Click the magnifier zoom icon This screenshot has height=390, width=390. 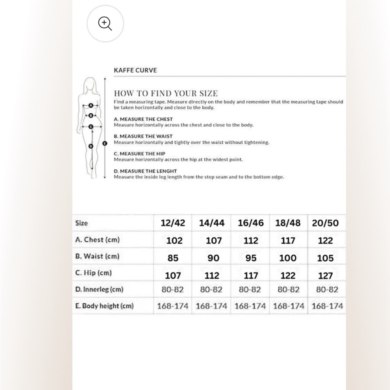105,24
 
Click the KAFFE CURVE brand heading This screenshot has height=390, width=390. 135,71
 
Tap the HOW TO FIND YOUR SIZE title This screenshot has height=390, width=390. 165,93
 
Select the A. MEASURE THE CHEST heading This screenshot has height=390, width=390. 143,119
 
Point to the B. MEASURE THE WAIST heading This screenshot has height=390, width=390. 143,136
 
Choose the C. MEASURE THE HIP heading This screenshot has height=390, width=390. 139,154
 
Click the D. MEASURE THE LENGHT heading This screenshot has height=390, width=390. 145,171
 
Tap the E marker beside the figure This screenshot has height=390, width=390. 104,143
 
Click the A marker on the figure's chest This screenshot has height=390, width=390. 91,105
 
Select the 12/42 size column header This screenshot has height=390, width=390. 173,223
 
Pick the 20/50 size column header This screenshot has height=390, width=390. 325,223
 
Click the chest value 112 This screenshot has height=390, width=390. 251,241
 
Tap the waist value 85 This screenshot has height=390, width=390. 173,258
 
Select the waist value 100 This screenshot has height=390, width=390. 288,258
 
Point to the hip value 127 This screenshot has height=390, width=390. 325,276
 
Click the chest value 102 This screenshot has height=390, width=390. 174,241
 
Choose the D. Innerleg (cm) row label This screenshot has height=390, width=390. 99,289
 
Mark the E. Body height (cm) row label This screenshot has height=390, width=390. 104,306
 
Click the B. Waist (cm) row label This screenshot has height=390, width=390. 97,256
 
